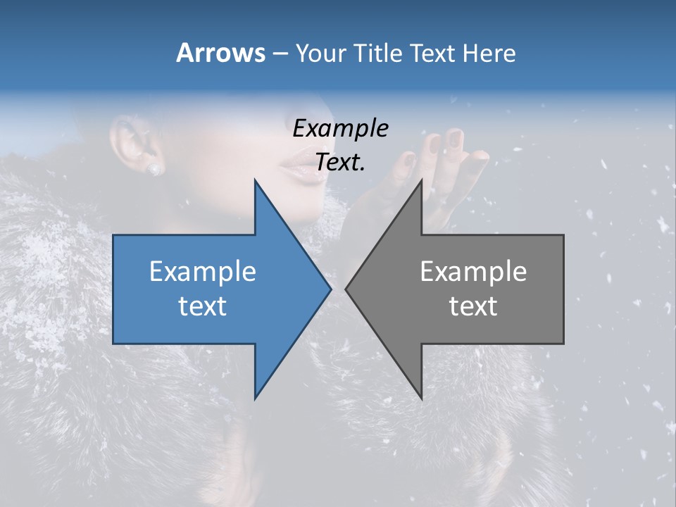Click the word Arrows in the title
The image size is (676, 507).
pyautogui.click(x=221, y=53)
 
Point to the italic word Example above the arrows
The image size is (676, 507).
pyautogui.click(x=340, y=129)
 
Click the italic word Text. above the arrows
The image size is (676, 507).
pyautogui.click(x=340, y=162)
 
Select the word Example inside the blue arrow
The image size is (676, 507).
pyautogui.click(x=202, y=272)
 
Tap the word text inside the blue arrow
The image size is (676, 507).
pyautogui.click(x=202, y=306)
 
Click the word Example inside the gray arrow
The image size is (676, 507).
pyautogui.click(x=473, y=272)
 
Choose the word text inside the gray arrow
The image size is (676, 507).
pyautogui.click(x=473, y=306)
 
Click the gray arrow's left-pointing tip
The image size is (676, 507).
pyautogui.click(x=348, y=289)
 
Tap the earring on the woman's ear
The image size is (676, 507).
pyautogui.click(x=154, y=169)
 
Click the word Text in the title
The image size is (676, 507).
pyautogui.click(x=431, y=53)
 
